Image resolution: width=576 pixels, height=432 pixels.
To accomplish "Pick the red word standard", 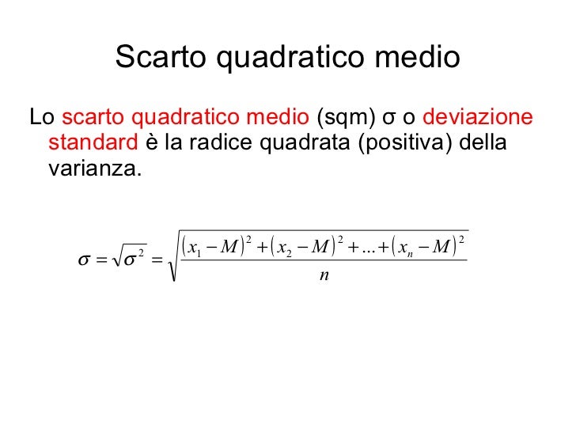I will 93,144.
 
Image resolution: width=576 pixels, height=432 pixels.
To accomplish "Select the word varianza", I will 94,169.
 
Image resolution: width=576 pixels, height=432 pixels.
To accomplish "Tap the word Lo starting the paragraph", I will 41,119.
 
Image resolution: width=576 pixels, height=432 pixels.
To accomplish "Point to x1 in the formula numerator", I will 193,248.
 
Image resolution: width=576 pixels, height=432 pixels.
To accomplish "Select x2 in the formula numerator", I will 286,248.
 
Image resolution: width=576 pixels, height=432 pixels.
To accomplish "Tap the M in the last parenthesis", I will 441,248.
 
